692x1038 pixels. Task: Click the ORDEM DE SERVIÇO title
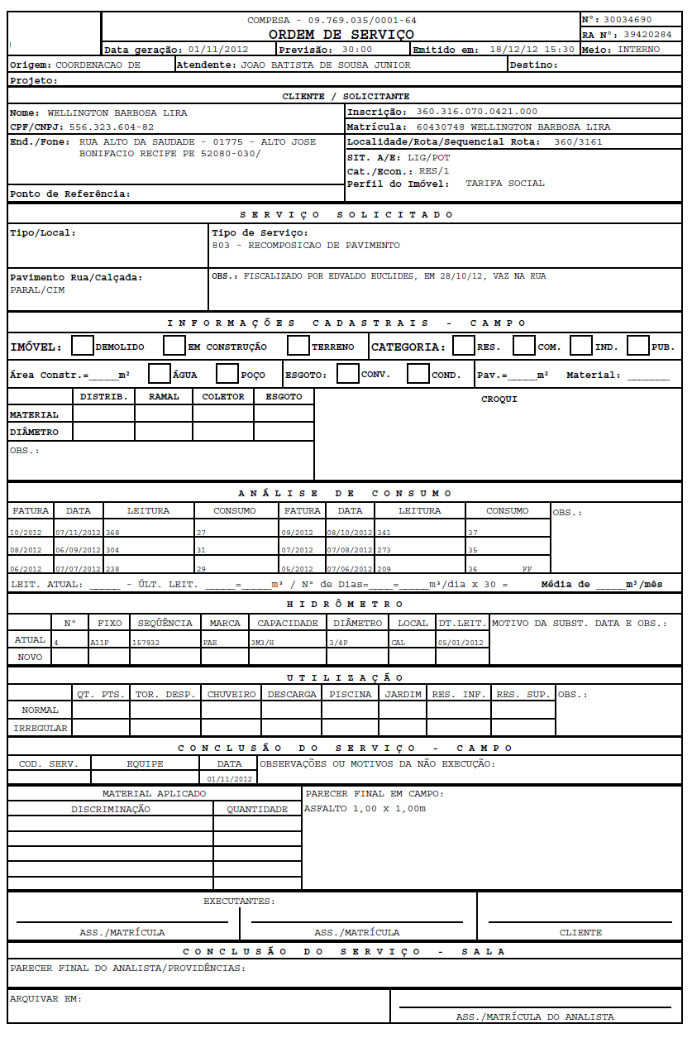341,35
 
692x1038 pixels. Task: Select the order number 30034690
628,19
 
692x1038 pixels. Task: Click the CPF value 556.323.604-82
112,127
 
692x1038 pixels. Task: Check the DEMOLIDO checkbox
83,346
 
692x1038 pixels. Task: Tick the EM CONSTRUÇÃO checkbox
174,346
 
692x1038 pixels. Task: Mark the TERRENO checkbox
298,346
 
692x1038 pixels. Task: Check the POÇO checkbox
227,374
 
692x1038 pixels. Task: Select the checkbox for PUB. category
637,346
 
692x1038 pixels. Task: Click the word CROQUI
499,399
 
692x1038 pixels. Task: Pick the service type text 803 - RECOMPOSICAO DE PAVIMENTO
306,246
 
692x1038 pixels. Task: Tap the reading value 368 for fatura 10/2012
112,533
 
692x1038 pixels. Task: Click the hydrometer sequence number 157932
146,641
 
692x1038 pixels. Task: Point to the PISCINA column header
351,694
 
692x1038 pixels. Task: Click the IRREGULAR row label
41,729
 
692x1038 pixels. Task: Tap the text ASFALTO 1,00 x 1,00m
365,808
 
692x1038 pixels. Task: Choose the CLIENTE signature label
580,932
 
